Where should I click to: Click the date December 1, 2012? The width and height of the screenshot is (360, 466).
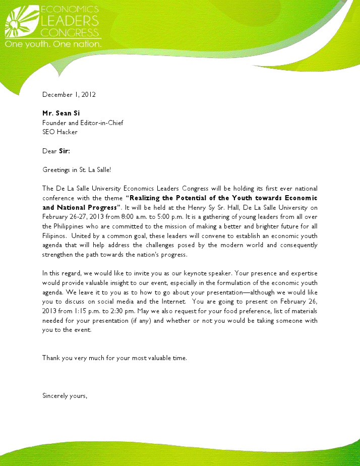[69, 94]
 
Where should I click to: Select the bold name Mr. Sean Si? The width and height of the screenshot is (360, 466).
[61, 113]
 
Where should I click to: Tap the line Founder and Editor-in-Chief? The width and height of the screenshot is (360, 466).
[83, 123]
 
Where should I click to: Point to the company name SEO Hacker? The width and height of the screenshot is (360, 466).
[60, 132]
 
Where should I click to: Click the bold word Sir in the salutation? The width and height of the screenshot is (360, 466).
[64, 151]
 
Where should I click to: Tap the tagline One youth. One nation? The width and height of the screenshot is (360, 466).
[53, 44]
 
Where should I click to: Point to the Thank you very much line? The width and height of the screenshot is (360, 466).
[114, 358]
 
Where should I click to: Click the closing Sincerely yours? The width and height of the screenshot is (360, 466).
[65, 396]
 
